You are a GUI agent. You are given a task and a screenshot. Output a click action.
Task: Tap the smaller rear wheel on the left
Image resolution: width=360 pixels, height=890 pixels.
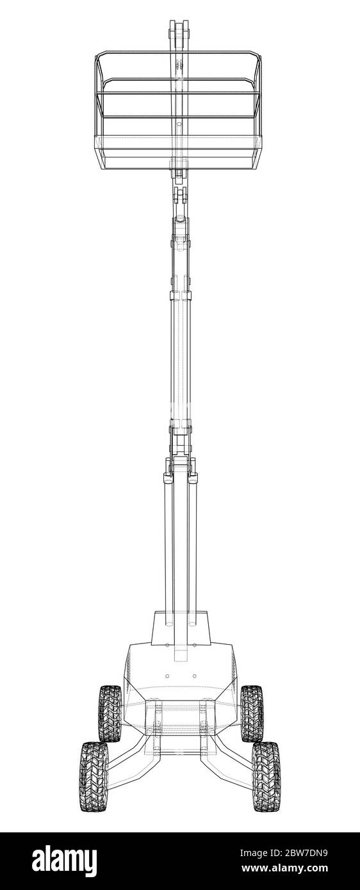(x=110, y=713)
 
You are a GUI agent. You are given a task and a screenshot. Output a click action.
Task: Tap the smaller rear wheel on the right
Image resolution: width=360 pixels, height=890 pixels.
(x=252, y=713)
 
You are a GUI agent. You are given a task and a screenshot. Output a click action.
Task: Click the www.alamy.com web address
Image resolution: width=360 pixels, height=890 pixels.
(x=285, y=868)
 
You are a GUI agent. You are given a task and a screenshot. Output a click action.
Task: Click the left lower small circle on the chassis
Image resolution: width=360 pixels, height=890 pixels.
(x=167, y=676)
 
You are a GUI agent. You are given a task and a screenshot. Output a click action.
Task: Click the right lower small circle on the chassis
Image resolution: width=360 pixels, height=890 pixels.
(x=194, y=676)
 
